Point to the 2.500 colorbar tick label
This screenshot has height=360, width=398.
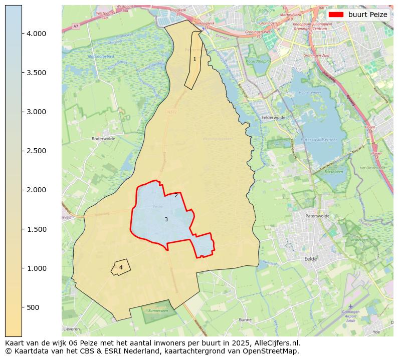click(x=36, y=151)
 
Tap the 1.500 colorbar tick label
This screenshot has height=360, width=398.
click(x=36, y=229)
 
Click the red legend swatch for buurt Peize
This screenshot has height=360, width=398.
click(x=336, y=15)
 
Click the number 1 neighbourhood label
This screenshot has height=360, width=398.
click(x=194, y=59)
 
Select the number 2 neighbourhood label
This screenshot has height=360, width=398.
click(x=176, y=195)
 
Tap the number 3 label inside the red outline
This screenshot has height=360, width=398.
click(x=166, y=219)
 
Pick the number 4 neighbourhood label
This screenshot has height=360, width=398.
click(x=121, y=267)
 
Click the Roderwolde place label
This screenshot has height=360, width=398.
click(x=104, y=139)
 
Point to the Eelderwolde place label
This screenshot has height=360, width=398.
click(x=273, y=118)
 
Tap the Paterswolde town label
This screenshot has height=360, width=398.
click(x=317, y=216)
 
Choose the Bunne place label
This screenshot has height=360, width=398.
click(x=246, y=319)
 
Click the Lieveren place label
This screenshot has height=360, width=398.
click(x=72, y=329)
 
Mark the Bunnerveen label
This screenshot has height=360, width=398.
click(x=158, y=310)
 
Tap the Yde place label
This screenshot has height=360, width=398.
click(x=376, y=331)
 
